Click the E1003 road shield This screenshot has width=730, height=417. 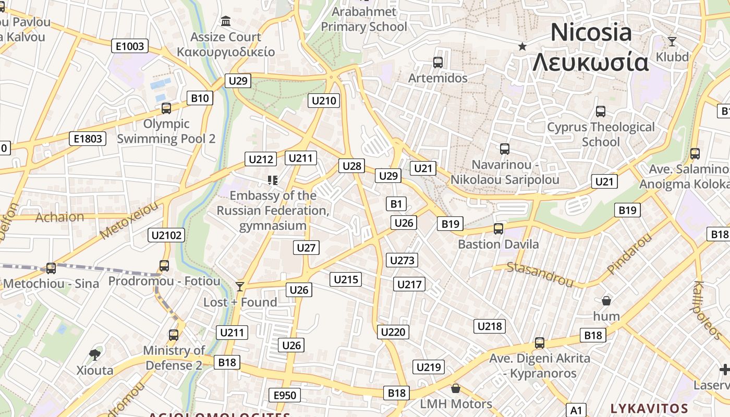(130, 46)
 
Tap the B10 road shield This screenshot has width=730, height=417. (200, 98)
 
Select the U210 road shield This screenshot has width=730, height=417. (324, 101)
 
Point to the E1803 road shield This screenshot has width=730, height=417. (88, 139)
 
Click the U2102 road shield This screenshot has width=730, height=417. (166, 235)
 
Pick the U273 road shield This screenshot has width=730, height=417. (401, 260)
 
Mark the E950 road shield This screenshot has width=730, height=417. (285, 395)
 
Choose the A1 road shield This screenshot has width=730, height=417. (576, 410)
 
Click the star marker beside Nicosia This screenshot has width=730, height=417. (522, 46)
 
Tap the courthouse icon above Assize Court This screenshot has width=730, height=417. (226, 21)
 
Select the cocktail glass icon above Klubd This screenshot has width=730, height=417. (672, 41)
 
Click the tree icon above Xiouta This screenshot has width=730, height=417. (95, 355)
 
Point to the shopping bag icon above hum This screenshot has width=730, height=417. (606, 301)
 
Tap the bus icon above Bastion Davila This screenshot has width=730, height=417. (498, 228)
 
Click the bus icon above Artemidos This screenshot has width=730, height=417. (438, 63)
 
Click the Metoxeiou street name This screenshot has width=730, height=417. (129, 221)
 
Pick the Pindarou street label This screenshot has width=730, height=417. (629, 254)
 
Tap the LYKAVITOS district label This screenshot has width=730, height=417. (649, 408)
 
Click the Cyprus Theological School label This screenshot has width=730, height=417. (601, 134)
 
